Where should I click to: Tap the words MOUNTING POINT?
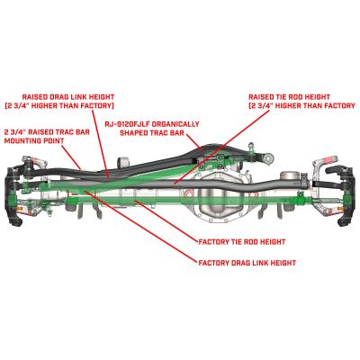pos(32,141)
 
